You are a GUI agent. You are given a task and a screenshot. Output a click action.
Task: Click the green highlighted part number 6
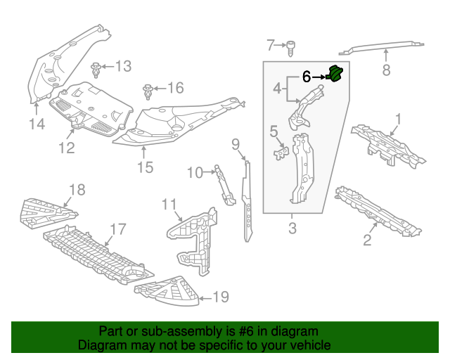click(335, 74)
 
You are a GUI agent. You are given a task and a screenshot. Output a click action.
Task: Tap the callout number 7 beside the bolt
click(271, 46)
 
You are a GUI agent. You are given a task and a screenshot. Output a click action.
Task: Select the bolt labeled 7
click(289, 46)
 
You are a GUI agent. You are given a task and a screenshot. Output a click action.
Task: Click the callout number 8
click(385, 70)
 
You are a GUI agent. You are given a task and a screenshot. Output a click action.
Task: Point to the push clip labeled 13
click(96, 69)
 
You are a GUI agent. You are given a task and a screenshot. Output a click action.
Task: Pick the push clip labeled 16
click(148, 91)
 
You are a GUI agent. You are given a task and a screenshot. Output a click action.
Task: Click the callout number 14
click(37, 124)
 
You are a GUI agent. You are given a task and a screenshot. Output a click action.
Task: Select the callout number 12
click(66, 148)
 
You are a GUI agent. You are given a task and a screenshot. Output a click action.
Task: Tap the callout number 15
click(144, 167)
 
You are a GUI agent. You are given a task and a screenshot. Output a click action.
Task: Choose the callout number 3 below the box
click(292, 228)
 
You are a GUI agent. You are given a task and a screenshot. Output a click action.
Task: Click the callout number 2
click(367, 241)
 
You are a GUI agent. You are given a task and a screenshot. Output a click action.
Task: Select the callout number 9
click(236, 145)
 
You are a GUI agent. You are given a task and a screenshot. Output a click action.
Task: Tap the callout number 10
click(194, 172)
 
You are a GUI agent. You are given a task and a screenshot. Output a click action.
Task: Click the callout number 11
click(168, 205)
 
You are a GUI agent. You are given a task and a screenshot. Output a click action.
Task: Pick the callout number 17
click(117, 229)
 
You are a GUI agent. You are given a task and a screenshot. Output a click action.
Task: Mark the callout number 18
click(76, 188)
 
